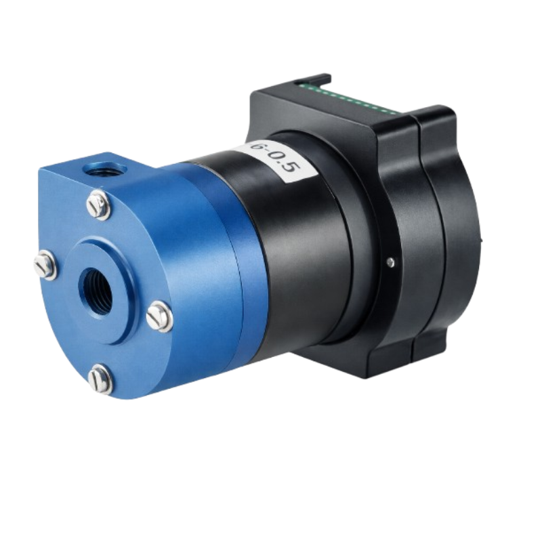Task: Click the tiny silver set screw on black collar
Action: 391,259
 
